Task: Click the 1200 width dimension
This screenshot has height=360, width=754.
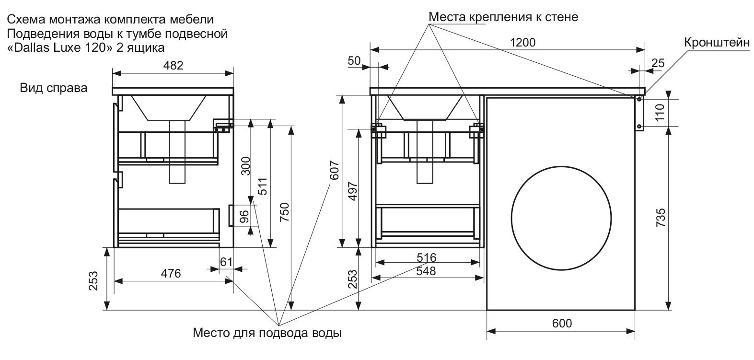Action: point(522,42)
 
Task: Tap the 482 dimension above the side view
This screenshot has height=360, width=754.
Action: point(174,66)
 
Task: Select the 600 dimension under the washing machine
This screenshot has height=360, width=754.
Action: point(561,324)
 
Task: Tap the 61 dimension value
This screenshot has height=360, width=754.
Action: point(226,262)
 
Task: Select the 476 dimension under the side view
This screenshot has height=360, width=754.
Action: point(171,274)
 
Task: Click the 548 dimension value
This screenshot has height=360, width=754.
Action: point(426,271)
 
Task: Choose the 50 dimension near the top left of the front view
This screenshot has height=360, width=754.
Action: point(354,60)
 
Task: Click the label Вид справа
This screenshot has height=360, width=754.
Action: point(54,88)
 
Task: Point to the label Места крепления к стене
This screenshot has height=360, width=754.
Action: point(503,17)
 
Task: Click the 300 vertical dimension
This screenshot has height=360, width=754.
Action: point(245,167)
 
